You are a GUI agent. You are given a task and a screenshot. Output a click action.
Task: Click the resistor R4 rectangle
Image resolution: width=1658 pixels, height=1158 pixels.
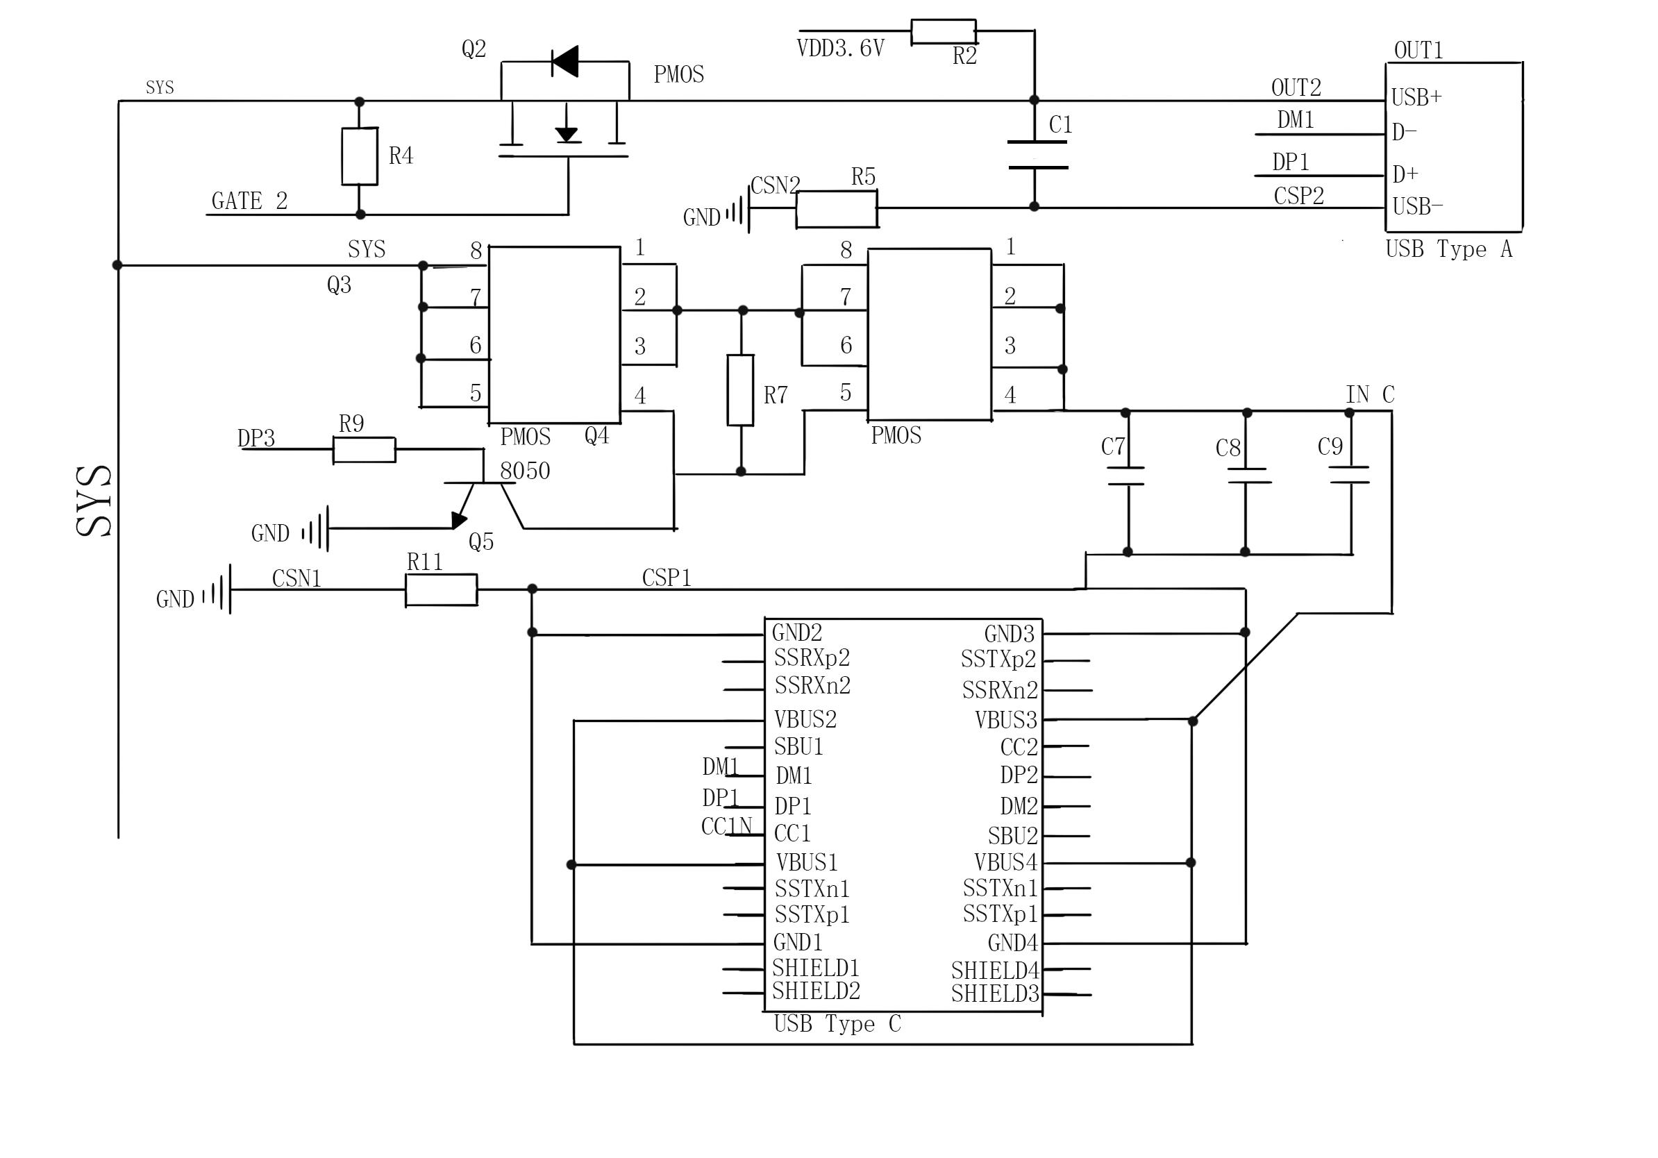pyautogui.click(x=360, y=157)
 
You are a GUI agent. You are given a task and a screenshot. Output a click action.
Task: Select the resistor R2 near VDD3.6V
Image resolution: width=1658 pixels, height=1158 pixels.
pyautogui.click(x=943, y=32)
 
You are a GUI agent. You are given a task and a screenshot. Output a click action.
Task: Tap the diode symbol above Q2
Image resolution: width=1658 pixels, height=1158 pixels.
pyautogui.click(x=564, y=61)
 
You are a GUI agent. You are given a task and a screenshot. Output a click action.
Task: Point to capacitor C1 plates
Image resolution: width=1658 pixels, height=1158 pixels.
pyautogui.click(x=1037, y=155)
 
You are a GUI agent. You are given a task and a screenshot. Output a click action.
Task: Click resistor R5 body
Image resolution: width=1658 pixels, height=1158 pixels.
pyautogui.click(x=836, y=209)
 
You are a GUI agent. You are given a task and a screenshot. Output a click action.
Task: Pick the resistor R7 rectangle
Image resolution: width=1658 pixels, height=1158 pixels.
pyautogui.click(x=740, y=390)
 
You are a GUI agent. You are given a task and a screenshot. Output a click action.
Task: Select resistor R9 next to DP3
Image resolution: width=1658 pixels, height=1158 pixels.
pyautogui.click(x=364, y=449)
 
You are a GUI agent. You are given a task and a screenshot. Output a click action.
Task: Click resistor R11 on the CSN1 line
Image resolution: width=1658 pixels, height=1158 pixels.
pyautogui.click(x=441, y=590)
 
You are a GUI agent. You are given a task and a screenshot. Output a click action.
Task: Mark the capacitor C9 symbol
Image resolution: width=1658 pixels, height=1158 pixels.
pyautogui.click(x=1349, y=474)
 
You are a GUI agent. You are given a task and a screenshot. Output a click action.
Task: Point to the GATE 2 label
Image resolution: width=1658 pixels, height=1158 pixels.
pyautogui.click(x=249, y=201)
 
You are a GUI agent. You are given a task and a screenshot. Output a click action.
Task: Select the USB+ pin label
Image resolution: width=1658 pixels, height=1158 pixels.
pyautogui.click(x=1416, y=97)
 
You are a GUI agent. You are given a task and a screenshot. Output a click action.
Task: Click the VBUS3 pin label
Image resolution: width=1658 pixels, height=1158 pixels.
pyautogui.click(x=1005, y=720)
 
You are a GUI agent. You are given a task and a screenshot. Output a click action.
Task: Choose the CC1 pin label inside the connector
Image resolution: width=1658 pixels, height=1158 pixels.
pyautogui.click(x=792, y=833)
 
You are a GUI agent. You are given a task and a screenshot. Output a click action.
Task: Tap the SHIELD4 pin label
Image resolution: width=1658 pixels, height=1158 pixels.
pyautogui.click(x=994, y=971)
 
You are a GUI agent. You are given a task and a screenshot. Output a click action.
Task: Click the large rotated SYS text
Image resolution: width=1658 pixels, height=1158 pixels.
pyautogui.click(x=94, y=501)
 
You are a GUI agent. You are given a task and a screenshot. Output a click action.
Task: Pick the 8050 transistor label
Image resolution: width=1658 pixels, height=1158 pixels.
pyautogui.click(x=525, y=471)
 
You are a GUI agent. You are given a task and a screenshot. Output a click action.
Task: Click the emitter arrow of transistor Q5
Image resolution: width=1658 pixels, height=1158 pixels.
pyautogui.click(x=458, y=520)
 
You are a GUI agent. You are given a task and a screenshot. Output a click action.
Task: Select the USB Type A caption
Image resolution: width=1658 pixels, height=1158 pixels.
pyautogui.click(x=1448, y=249)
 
